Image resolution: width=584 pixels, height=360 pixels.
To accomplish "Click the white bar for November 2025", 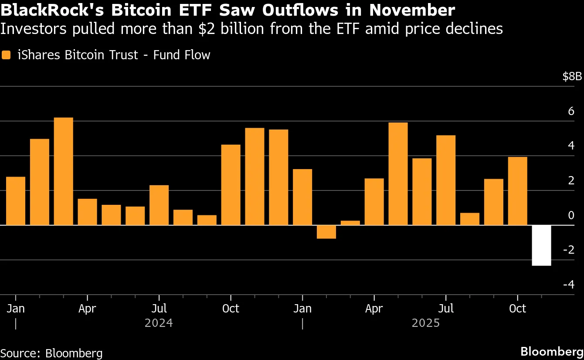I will tap(541, 245).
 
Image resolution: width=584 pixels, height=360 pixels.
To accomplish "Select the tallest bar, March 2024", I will tap(63, 171).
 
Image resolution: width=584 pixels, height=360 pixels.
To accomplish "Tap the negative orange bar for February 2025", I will tap(326, 232).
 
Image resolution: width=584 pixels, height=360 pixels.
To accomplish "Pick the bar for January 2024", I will tap(16, 201).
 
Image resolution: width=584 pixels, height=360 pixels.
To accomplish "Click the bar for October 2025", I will tap(517, 191).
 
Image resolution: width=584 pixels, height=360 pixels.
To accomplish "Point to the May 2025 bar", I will tap(398, 174).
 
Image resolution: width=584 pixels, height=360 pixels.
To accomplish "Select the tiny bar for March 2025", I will tap(350, 223).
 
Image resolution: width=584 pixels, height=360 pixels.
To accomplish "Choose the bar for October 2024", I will tap(231, 185).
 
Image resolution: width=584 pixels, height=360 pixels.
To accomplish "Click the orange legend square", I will tap(6, 55).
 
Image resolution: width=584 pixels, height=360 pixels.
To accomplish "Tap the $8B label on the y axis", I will tap(572, 77).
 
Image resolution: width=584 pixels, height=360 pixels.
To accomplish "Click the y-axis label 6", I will tap(571, 112).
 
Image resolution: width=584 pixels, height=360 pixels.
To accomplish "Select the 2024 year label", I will tap(159, 323).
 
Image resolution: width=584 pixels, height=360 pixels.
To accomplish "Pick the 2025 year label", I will tap(426, 323).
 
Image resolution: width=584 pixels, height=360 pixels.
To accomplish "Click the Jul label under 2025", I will tap(446, 309).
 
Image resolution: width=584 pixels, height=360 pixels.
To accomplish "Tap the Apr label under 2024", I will tap(87, 309).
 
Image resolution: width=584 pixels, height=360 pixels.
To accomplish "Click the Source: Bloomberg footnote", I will tap(51, 353).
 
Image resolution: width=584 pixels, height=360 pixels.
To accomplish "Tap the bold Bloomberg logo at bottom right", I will tap(552, 351).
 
